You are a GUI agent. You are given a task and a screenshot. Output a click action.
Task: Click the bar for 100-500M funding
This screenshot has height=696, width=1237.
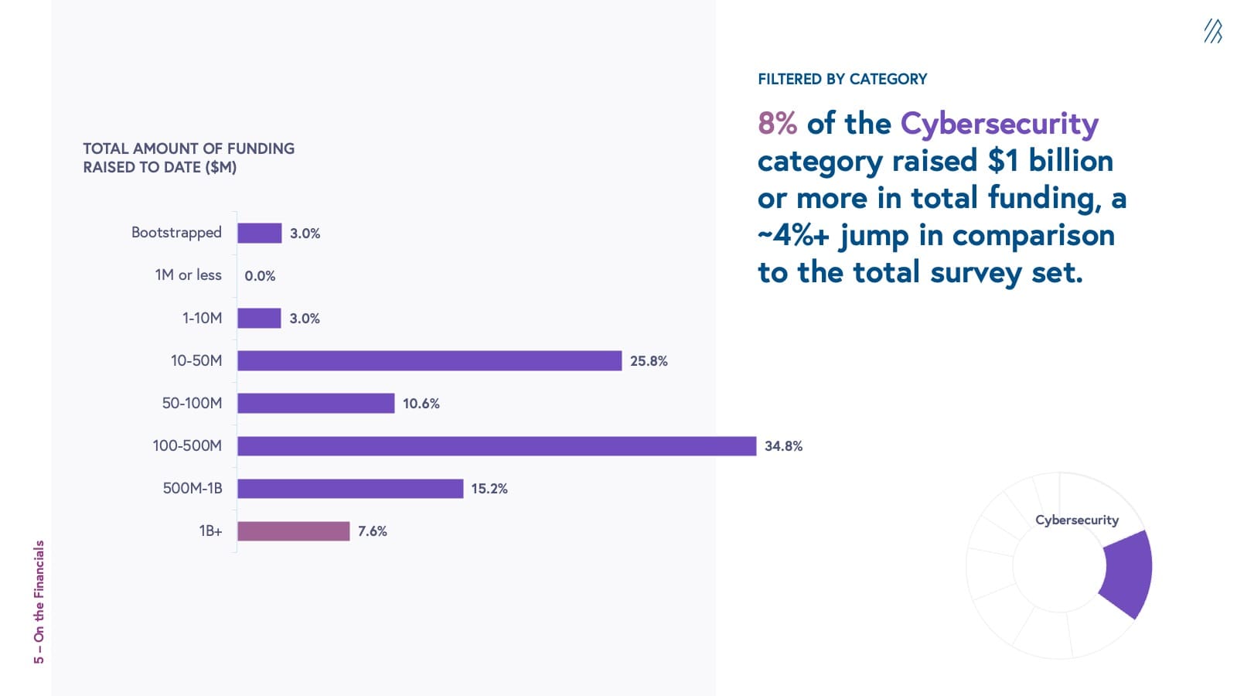click(496, 446)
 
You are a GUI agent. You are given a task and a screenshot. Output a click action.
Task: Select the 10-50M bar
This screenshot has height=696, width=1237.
click(429, 361)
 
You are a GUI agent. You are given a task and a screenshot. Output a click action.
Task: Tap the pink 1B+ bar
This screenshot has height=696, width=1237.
click(293, 531)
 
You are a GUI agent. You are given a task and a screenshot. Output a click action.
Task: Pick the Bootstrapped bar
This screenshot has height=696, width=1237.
click(259, 234)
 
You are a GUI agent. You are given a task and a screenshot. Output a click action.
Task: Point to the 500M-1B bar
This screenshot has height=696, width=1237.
click(350, 489)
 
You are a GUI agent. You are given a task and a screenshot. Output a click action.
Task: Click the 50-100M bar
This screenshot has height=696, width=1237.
click(315, 404)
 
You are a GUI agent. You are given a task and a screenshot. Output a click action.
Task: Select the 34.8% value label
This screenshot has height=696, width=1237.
click(783, 446)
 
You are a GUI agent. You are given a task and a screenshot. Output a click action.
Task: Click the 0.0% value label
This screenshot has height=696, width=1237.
click(260, 276)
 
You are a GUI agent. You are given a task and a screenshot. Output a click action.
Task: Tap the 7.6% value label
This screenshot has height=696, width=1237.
click(372, 531)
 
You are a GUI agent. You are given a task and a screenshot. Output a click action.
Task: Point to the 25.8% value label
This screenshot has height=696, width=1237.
click(649, 361)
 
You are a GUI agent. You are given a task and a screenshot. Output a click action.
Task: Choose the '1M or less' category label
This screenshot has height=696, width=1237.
click(188, 275)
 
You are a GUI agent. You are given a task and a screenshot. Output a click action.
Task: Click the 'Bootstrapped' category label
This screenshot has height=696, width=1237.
click(176, 233)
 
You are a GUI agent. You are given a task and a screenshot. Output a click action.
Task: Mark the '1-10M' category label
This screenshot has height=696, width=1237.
click(202, 318)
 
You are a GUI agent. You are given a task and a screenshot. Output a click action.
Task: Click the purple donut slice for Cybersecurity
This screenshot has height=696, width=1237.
click(1128, 573)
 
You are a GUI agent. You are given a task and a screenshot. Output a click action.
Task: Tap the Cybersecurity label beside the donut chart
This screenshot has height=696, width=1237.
click(1076, 520)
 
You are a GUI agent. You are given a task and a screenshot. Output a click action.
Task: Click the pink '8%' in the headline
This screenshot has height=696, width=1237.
click(777, 124)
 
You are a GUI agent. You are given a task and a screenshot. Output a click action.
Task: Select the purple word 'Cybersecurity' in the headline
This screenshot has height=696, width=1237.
click(999, 125)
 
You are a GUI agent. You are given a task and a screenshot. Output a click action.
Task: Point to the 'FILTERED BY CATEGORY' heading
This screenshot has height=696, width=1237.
click(842, 79)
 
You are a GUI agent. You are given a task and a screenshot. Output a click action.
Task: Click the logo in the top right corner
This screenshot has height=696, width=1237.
click(1212, 32)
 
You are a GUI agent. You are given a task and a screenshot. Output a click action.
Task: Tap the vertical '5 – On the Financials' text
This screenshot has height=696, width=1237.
click(39, 602)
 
